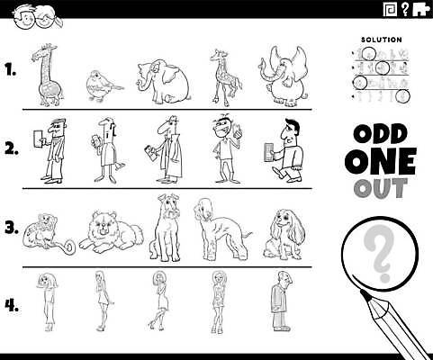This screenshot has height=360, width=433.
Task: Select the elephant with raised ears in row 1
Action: [x=284, y=76]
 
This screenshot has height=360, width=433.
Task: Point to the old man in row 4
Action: [x=281, y=301]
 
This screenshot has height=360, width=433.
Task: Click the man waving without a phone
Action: [x=227, y=148]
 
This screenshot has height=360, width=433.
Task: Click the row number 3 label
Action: [x=12, y=228]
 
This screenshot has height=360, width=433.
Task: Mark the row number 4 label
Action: [x=12, y=306]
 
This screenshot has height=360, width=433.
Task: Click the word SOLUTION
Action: [x=382, y=40]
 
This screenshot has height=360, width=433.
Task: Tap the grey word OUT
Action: [x=381, y=188]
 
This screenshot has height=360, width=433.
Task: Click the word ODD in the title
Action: [x=381, y=134]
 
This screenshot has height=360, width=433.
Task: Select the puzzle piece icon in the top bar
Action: [x=420, y=10]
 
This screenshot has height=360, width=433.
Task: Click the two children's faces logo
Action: [x=37, y=18]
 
